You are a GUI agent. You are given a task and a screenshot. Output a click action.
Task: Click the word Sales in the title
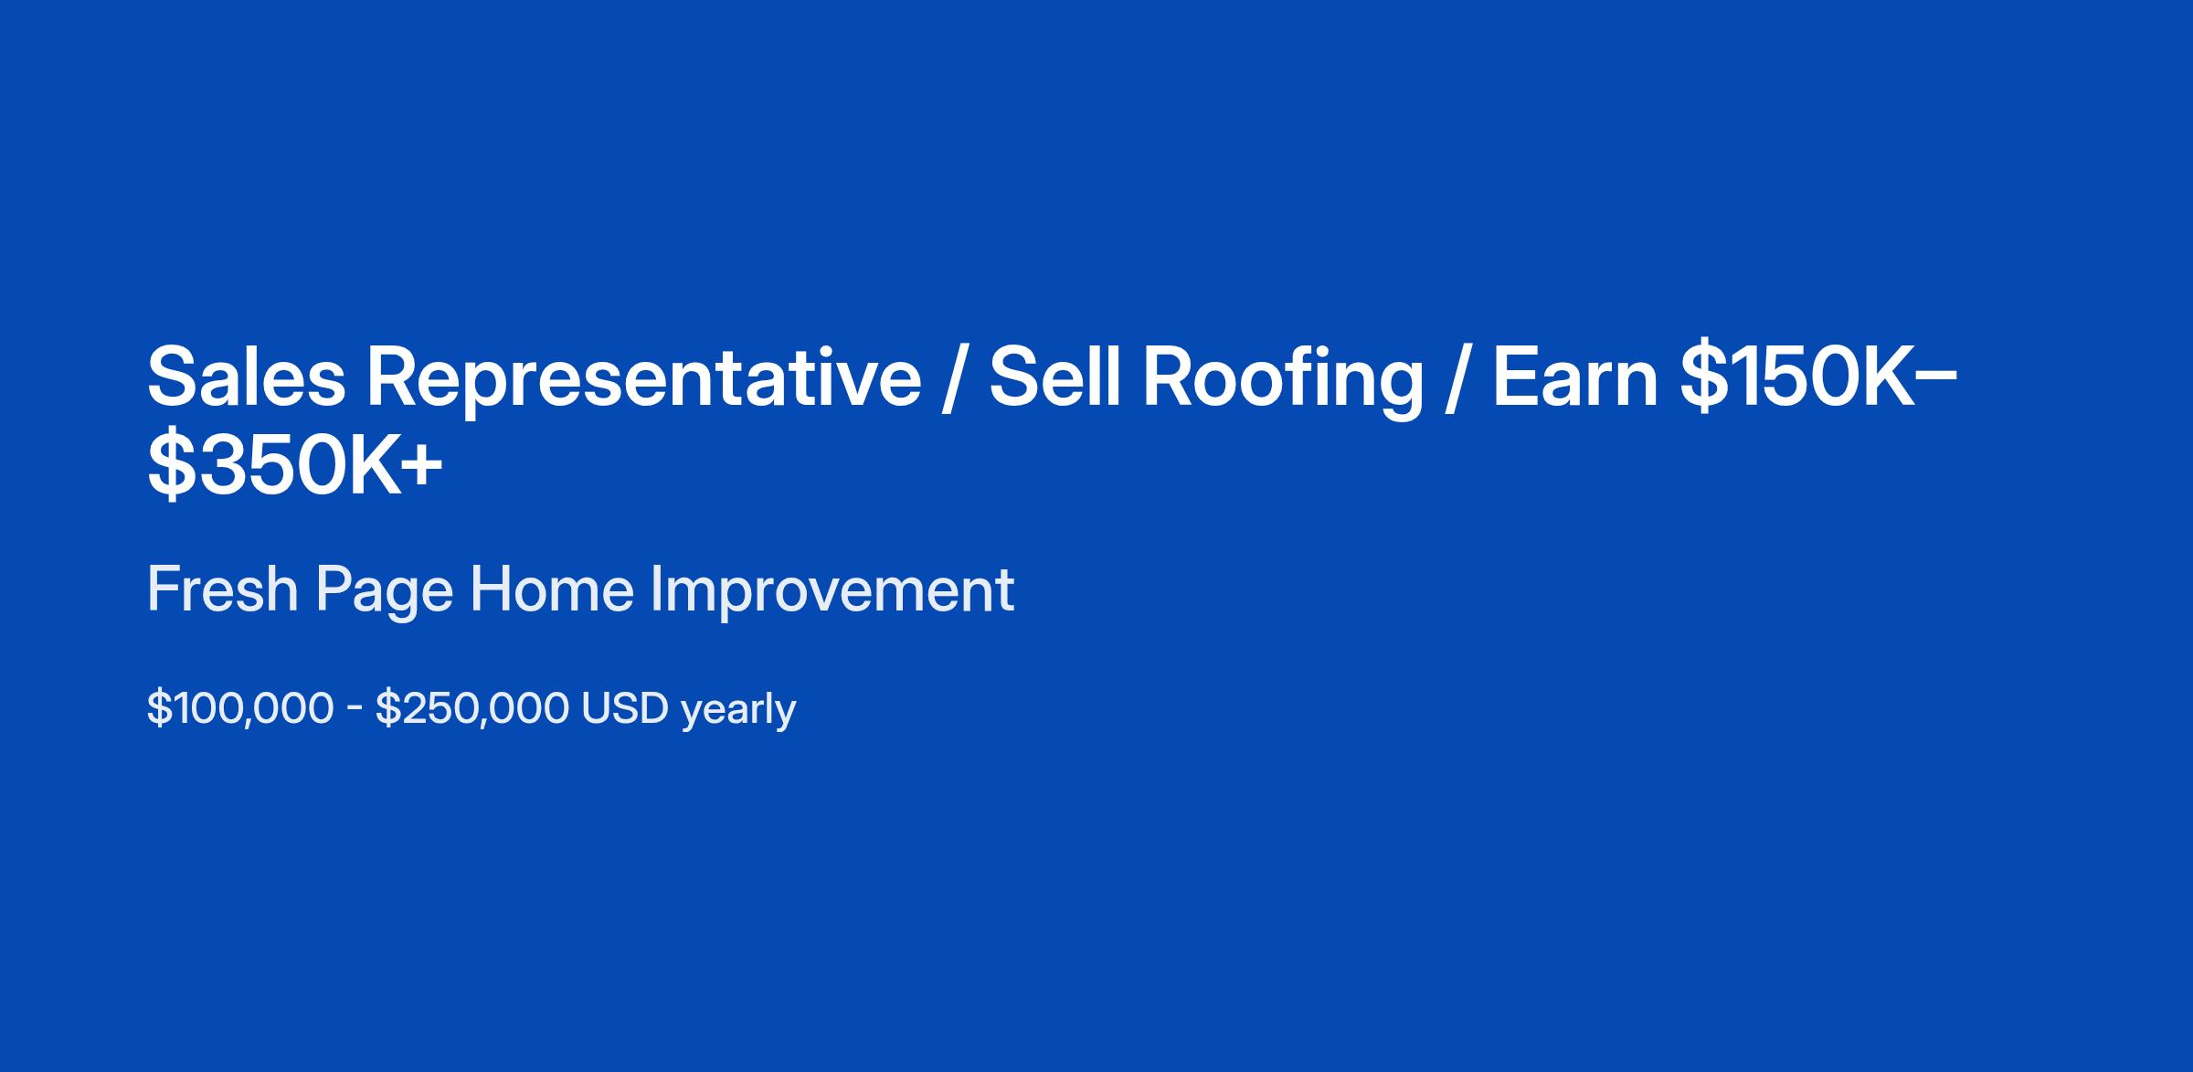[x=247, y=377]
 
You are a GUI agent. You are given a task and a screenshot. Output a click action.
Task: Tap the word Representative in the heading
[x=644, y=377]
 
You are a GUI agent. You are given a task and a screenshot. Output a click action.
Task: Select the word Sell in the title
[x=1055, y=377]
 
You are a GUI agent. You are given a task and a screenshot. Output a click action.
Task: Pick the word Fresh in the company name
[x=222, y=589]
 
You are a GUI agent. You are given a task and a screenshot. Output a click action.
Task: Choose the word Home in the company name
[x=551, y=589]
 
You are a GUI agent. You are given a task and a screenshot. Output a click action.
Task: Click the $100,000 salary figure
[x=240, y=708]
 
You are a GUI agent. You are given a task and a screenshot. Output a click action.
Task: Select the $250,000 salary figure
[x=471, y=708]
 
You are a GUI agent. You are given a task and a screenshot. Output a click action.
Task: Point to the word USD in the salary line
[x=626, y=708]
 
